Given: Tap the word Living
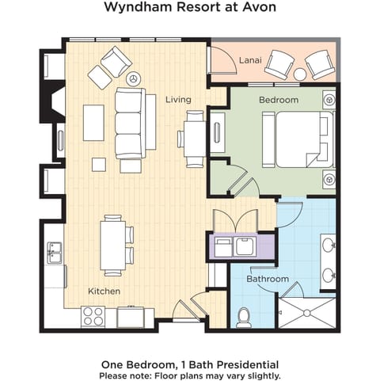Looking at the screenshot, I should point(178,100).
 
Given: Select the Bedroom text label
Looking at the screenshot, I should point(279,100).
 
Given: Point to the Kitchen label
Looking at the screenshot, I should point(104,291).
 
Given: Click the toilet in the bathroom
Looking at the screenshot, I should point(245,316).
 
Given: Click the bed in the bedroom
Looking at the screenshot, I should point(299,139).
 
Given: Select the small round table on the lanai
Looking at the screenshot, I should point(300,75).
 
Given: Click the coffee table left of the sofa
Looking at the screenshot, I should point(93,123).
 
